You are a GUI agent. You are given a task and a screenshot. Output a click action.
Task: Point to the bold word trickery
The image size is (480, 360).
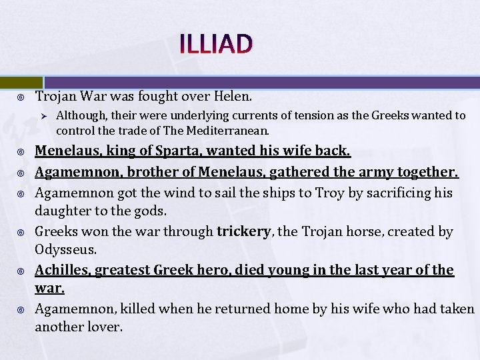click(244, 231)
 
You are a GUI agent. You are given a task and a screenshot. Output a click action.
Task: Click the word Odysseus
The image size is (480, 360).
click(66, 250)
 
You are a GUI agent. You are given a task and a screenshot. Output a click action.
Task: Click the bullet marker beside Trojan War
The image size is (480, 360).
click(21, 98)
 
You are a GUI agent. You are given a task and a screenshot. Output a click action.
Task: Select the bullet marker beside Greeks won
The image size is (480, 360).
click(21, 233)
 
